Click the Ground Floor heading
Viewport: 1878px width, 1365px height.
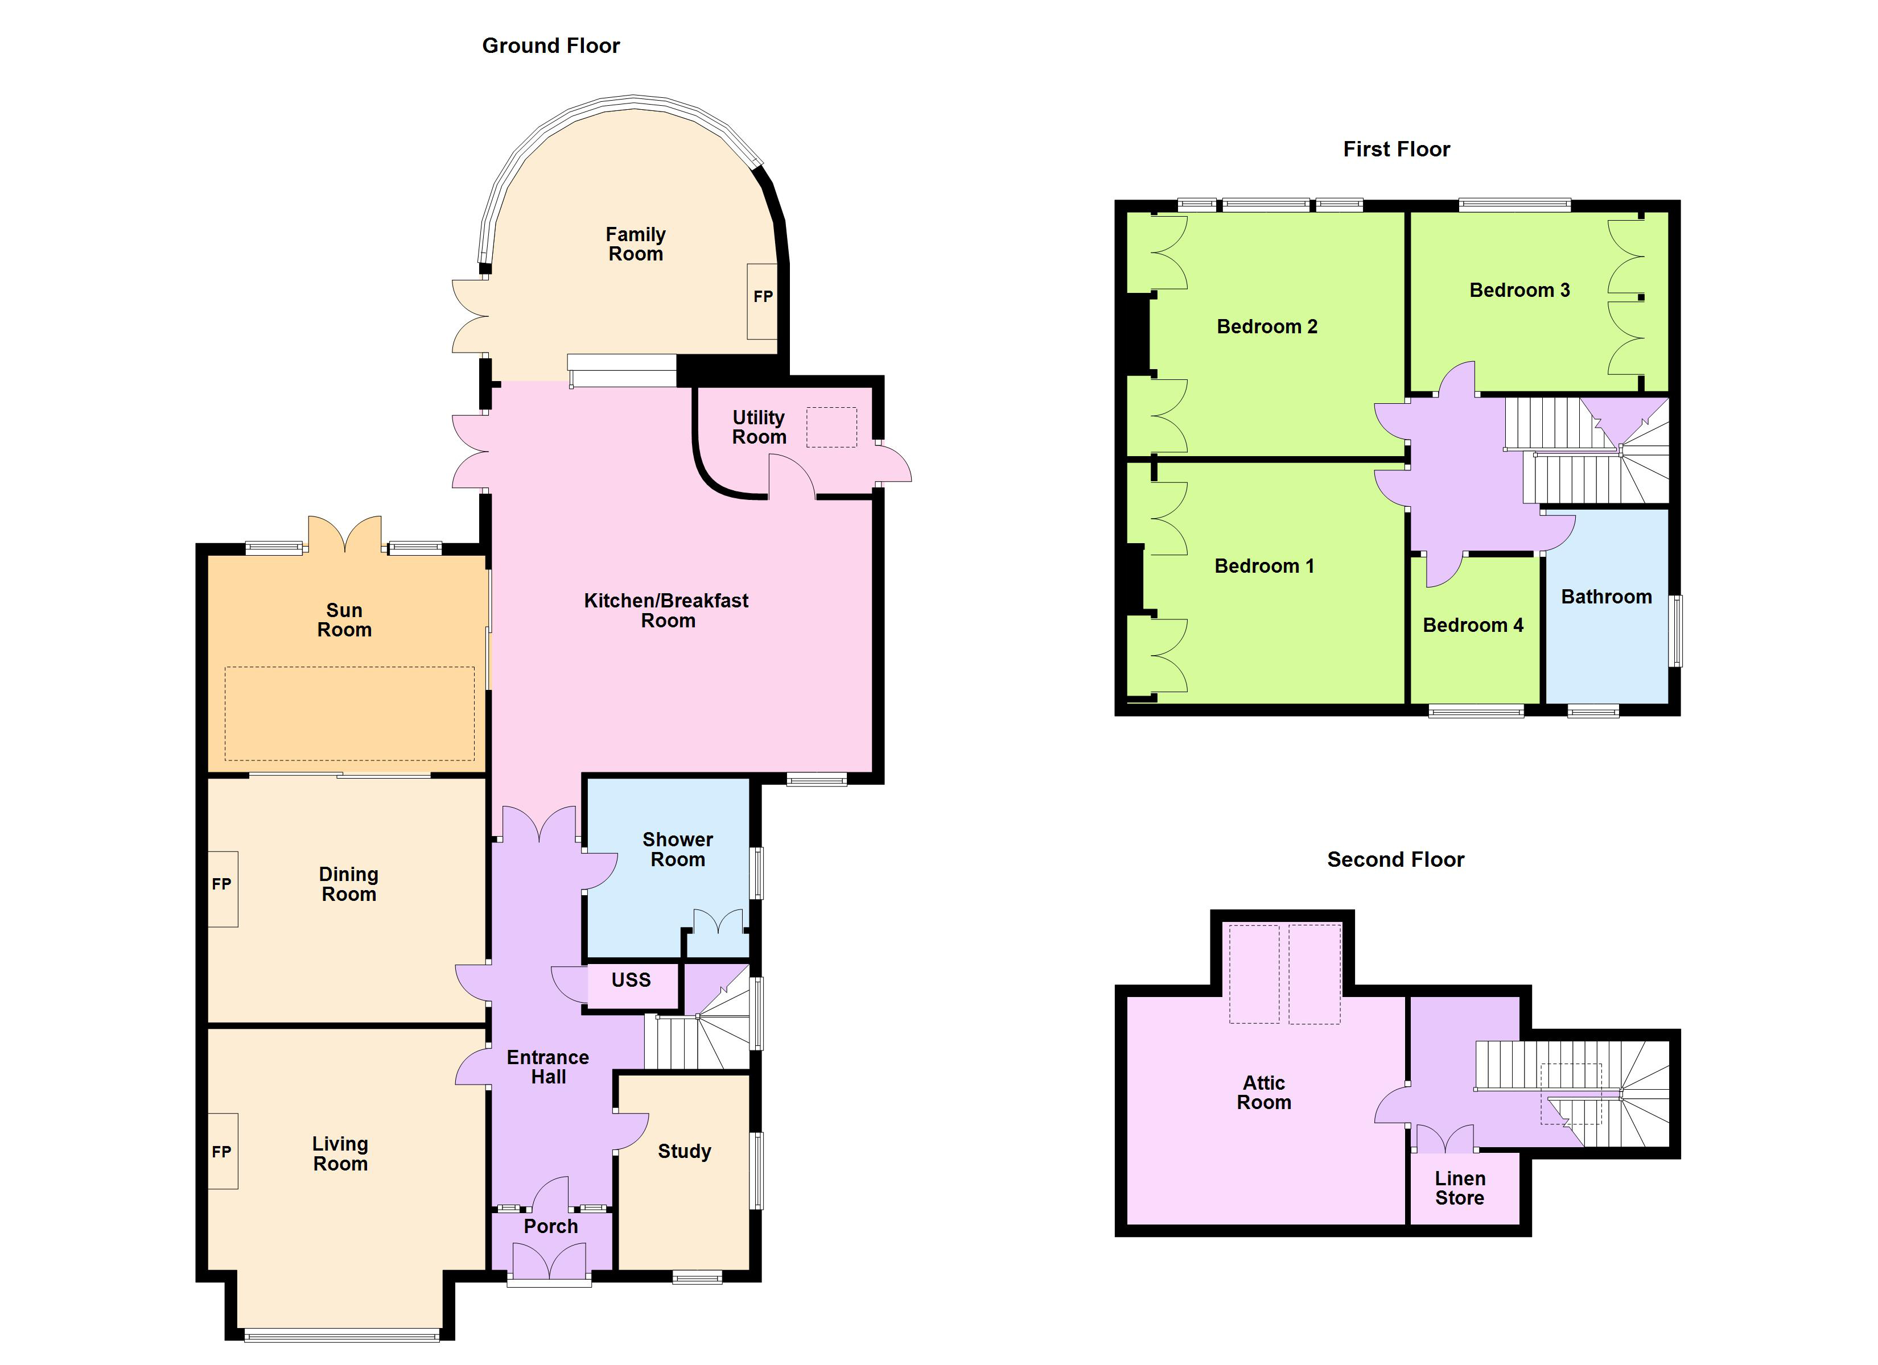coord(551,45)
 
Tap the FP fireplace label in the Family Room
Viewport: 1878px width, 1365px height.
coord(763,296)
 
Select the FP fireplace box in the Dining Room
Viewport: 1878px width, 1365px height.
coord(222,889)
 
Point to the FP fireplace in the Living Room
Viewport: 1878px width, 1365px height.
coord(222,1151)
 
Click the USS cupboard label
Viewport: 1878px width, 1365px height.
coord(631,980)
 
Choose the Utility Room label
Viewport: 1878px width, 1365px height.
coord(759,427)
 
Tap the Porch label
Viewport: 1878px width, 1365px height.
coord(551,1226)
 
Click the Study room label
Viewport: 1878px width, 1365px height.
coord(684,1151)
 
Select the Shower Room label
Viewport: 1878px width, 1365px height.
coord(677,849)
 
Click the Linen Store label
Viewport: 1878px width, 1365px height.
coord(1460,1188)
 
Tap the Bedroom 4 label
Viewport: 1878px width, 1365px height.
coord(1472,625)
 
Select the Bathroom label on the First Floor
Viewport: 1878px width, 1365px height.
coord(1605,597)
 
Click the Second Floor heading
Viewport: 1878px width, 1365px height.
coord(1395,859)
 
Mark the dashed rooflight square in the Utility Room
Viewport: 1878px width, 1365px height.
coord(831,427)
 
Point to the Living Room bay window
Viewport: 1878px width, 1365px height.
coord(342,1334)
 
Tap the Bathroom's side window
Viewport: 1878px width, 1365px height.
coord(1676,631)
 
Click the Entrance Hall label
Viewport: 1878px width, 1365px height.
coord(548,1067)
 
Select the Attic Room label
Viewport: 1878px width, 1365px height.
coord(1263,1093)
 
